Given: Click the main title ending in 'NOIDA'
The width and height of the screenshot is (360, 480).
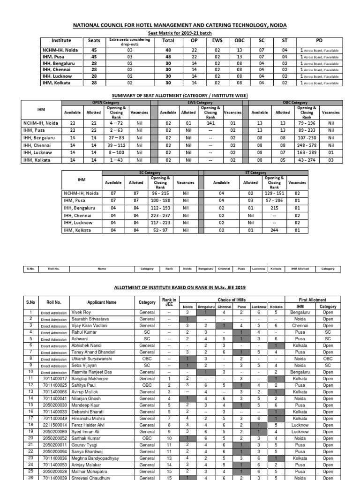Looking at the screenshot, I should (180, 25).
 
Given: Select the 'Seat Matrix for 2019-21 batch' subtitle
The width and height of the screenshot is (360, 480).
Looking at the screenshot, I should (180, 34).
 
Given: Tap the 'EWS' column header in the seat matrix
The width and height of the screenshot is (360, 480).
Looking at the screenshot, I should (217, 41).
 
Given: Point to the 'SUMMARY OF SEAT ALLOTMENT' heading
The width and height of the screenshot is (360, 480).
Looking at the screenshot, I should (180, 96).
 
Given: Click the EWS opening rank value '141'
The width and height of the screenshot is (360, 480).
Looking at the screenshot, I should (210, 123).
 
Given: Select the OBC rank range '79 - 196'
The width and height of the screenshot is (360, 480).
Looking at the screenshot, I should (307, 123).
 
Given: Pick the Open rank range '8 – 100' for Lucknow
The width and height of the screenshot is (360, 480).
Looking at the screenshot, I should (117, 153).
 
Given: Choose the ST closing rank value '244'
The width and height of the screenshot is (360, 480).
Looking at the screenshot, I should (274, 230).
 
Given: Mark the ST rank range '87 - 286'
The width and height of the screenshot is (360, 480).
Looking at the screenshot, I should (274, 200).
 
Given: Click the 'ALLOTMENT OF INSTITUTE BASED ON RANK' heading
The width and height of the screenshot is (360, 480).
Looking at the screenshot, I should (180, 287).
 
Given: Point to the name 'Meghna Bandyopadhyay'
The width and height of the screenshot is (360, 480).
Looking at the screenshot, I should (95, 458).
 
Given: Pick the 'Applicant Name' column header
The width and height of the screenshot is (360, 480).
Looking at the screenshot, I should (102, 303).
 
